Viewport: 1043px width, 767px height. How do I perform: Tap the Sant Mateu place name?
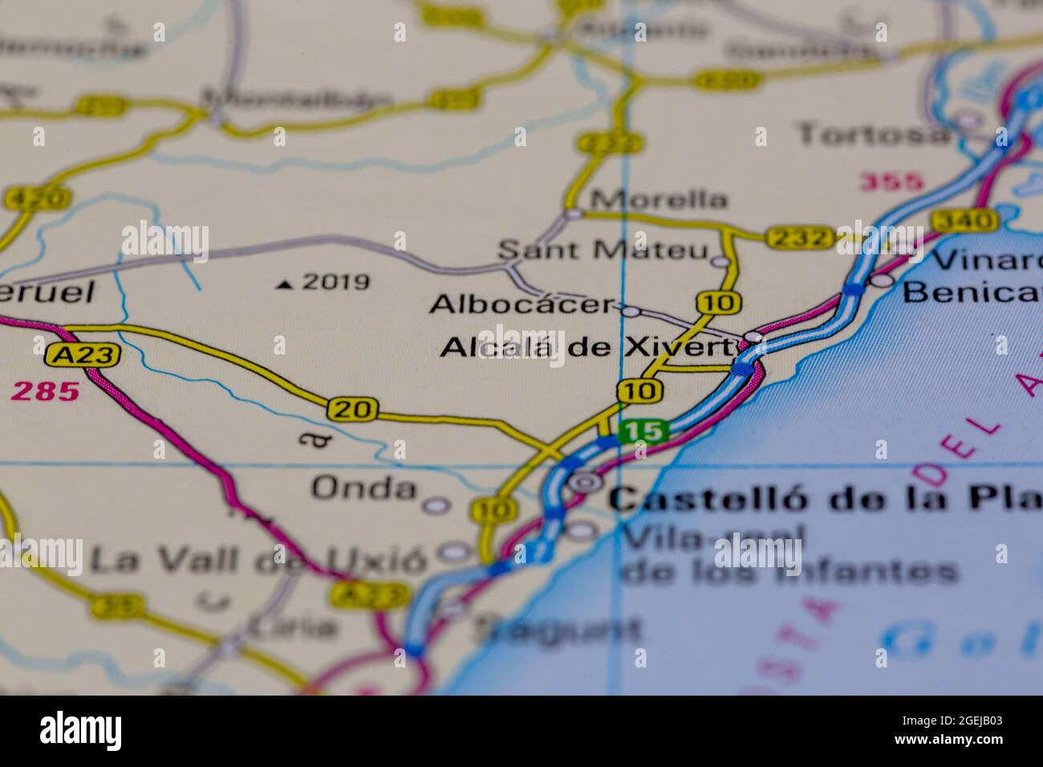(603, 250)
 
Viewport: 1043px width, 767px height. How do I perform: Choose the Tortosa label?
(873, 134)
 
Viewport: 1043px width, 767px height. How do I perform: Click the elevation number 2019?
(336, 282)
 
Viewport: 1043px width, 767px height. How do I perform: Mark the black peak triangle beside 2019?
(285, 284)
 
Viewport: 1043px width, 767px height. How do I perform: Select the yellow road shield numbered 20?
(353, 410)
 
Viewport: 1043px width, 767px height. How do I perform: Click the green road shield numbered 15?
(644, 432)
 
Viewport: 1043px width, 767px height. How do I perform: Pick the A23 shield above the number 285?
(83, 355)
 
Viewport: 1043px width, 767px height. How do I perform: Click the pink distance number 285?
(46, 392)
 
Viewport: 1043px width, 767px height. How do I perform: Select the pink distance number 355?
(891, 182)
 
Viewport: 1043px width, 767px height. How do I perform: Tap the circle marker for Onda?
(436, 505)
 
